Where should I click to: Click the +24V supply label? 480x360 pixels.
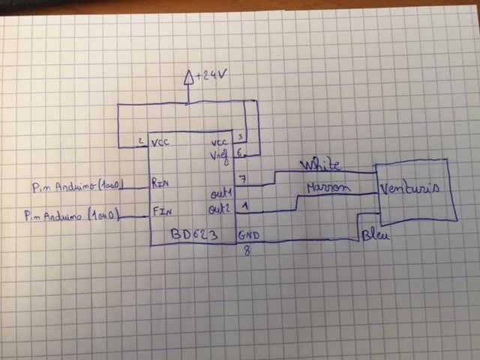point(212,76)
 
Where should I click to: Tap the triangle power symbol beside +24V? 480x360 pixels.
point(189,76)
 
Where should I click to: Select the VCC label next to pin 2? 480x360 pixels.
point(160,142)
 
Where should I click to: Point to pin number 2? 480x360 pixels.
point(140,141)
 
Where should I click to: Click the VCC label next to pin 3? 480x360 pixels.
point(220,141)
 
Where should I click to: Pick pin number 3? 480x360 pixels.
point(238,137)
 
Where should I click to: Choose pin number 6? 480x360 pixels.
point(239,151)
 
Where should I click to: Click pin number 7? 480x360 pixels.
point(240,178)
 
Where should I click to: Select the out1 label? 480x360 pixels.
point(222,193)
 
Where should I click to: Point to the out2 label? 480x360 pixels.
point(220,208)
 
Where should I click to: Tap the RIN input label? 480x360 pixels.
point(161,181)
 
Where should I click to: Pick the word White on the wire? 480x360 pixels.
point(320,163)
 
